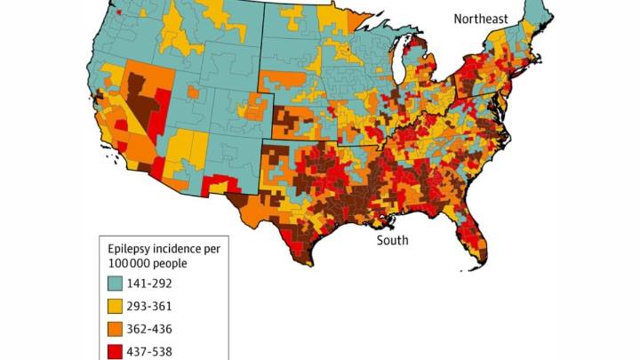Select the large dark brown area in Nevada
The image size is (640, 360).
[x=142, y=98]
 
